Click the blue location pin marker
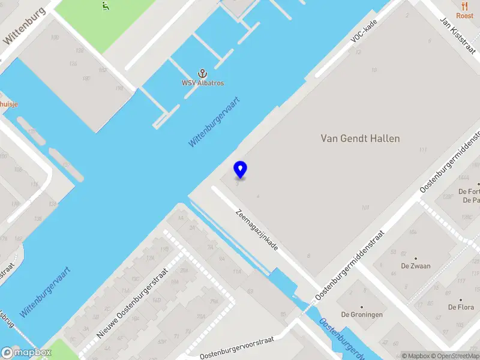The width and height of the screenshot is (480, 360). coord(240,170)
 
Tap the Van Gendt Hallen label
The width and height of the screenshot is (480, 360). coord(360,139)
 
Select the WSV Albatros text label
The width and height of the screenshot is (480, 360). coord(203,83)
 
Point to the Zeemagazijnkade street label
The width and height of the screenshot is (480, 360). coord(257,230)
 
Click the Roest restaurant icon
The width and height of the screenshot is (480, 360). coord(465,5)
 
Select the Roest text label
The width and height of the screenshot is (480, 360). coord(465,16)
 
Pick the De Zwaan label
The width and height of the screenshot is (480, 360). coord(416,266)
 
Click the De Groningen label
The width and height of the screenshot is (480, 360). coord(362,314)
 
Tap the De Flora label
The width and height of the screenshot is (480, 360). coord(461,307)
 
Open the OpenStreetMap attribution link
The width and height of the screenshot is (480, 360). coord(455,356)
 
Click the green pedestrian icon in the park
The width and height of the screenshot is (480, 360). coord(106,7)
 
